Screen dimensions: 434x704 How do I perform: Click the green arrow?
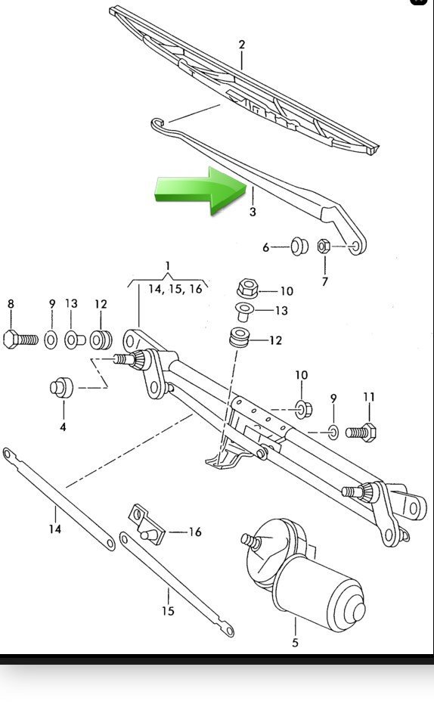click(x=200, y=190)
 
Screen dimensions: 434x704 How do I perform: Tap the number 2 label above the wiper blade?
click(x=242, y=45)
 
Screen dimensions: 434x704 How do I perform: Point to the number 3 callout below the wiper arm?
click(x=253, y=212)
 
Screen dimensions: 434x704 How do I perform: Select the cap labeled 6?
click(x=299, y=246)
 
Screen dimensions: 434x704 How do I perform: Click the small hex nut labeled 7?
click(x=324, y=246)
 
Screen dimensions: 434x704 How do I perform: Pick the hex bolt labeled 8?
click(x=20, y=339)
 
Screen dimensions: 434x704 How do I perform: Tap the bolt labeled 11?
click(x=361, y=433)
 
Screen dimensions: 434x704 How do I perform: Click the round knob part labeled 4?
click(x=62, y=388)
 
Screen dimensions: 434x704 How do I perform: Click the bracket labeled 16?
click(x=147, y=525)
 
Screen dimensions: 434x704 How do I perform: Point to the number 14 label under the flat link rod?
click(x=55, y=529)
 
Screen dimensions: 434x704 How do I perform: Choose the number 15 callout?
click(x=169, y=611)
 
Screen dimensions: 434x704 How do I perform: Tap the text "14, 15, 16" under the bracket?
click(x=175, y=289)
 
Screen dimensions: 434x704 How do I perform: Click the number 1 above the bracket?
click(x=168, y=266)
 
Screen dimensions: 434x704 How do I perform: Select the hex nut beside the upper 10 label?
click(x=247, y=288)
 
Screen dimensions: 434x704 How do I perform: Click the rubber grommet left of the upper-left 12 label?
click(x=101, y=340)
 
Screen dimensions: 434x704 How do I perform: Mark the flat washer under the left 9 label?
click(x=51, y=340)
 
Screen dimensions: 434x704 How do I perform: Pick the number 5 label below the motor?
click(x=295, y=643)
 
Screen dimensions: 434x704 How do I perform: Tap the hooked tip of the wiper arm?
click(x=157, y=123)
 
